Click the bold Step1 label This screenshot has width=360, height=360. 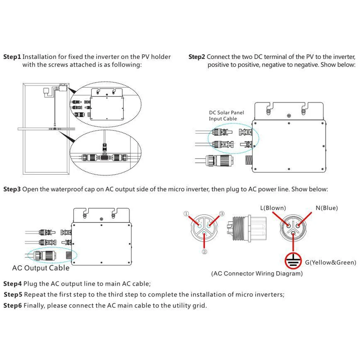[x=12, y=57]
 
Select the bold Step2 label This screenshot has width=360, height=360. [x=197, y=57]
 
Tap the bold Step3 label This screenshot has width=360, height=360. [x=12, y=189]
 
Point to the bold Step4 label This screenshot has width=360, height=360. [x=13, y=283]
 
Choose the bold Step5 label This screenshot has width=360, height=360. [x=13, y=295]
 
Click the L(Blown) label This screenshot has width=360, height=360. [x=273, y=208]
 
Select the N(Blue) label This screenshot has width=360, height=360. [x=327, y=208]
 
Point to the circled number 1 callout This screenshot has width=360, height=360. [x=186, y=214]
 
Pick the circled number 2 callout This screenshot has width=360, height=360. [x=205, y=251]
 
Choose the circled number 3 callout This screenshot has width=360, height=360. [x=222, y=214]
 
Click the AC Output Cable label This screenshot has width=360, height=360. [x=41, y=268]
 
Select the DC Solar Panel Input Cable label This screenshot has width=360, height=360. [x=226, y=115]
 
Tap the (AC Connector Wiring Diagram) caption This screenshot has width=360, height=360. [x=256, y=274]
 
